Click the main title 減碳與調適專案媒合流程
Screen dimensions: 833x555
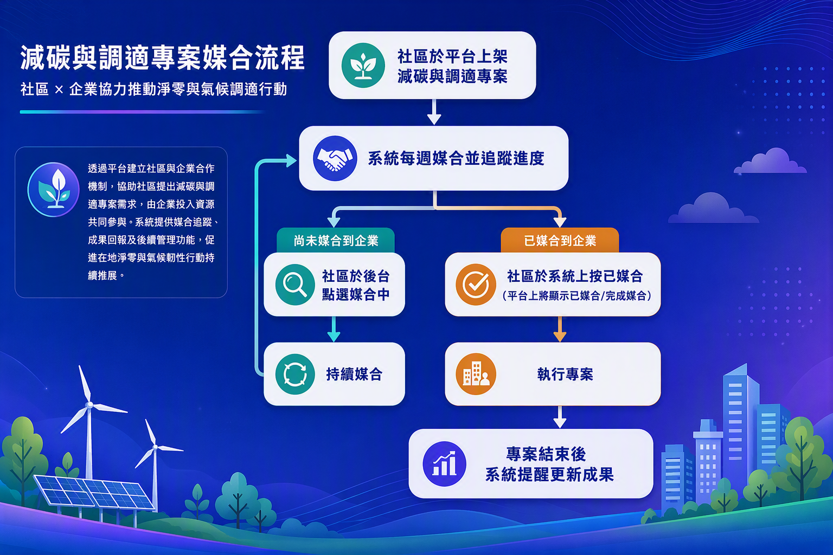click(163, 58)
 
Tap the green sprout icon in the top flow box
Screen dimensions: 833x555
click(363, 66)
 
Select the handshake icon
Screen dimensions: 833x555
click(335, 158)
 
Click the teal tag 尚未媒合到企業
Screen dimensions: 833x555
click(336, 241)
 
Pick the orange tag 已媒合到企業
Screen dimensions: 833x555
click(560, 241)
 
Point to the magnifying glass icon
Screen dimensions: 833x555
click(295, 285)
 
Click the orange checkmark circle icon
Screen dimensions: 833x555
click(476, 285)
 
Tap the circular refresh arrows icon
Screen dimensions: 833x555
click(295, 374)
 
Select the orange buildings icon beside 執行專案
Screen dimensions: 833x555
click(476, 374)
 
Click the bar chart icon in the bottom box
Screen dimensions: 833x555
click(444, 464)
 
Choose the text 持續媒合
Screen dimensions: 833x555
click(354, 375)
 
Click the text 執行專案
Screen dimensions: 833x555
click(565, 375)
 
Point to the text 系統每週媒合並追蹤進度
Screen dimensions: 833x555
click(456, 158)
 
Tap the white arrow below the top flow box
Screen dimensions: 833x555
click(434, 112)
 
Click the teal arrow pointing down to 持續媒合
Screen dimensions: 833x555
click(334, 329)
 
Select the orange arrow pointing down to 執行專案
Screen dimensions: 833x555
click(560, 329)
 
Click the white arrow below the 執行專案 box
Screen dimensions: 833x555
click(560, 417)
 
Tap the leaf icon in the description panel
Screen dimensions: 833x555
click(54, 190)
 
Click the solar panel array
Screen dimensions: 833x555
click(94, 493)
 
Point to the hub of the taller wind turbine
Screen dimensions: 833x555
click(89, 404)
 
